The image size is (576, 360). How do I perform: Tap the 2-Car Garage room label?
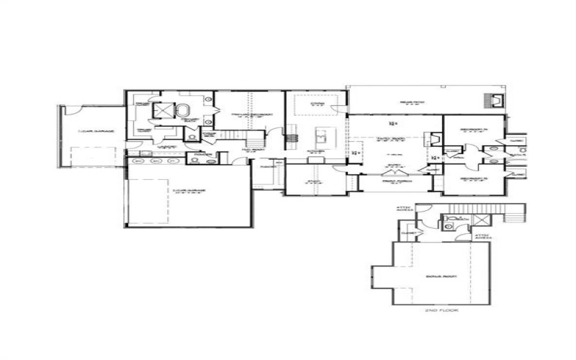[189, 191]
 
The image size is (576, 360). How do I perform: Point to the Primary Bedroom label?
[246, 116]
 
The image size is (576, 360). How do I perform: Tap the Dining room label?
[317, 105]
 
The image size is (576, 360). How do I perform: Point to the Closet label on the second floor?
[409, 233]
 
